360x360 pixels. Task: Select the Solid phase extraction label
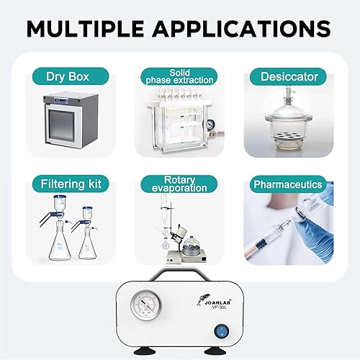coord(179,76)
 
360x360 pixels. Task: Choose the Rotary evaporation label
coord(179,184)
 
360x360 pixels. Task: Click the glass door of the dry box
coord(71,127)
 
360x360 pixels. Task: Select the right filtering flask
coord(89,241)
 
